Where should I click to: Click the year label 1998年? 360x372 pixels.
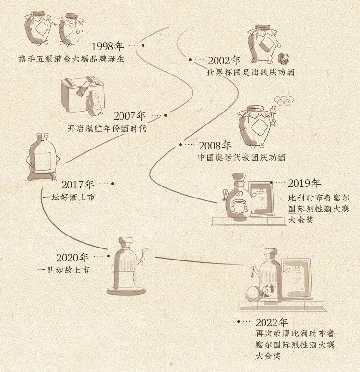point(108,46)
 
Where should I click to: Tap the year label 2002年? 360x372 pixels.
point(224,61)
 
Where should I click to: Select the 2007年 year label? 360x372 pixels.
point(130,116)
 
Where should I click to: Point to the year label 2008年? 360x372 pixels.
point(215,146)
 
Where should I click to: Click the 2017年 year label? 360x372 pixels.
point(78,185)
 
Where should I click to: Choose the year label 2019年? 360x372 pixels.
point(304,183)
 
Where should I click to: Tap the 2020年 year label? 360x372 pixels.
point(72,258)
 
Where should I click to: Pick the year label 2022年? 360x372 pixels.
point(272,322)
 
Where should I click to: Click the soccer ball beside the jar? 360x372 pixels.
point(284,58)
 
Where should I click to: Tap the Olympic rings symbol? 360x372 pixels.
point(284,100)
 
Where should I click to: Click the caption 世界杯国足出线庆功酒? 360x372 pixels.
point(251,73)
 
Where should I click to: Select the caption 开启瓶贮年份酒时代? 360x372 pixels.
point(107,128)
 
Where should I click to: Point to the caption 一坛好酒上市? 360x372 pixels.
point(69,197)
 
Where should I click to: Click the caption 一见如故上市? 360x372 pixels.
point(63,270)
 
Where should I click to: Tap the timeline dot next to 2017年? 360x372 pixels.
point(113,184)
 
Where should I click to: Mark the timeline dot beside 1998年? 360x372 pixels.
point(143,45)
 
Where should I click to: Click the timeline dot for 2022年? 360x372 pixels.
point(239,322)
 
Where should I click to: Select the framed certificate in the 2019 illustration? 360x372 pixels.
point(261,199)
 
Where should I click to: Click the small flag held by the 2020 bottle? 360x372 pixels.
point(144,252)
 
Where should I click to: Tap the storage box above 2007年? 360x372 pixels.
point(83,94)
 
